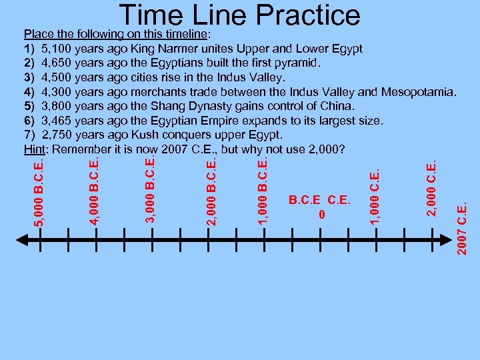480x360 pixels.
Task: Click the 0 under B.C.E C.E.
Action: click(322, 215)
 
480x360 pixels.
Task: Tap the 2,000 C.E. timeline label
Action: click(432, 187)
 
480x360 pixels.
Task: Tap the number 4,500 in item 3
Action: click(57, 77)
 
